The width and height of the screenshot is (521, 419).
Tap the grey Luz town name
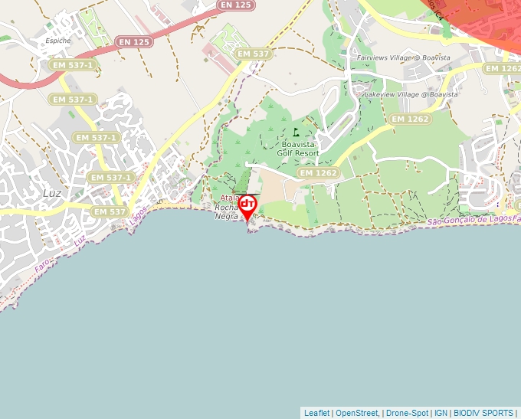[x=52, y=193]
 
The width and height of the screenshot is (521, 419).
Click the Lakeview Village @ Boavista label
[x=411, y=94]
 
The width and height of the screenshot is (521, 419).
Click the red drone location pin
[x=247, y=206]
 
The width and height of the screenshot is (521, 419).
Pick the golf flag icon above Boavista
[x=297, y=132]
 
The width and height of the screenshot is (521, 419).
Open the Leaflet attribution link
[x=316, y=413]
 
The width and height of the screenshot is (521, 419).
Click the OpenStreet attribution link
[x=357, y=413]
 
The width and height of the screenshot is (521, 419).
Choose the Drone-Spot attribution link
[x=407, y=413]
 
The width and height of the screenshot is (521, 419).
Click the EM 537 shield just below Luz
[x=108, y=211]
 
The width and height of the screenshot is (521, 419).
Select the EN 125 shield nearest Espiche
[x=134, y=41]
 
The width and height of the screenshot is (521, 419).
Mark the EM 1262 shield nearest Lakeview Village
[x=410, y=119]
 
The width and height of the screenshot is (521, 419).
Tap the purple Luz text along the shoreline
[x=80, y=241]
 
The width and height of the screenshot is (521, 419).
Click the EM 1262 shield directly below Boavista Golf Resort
[x=318, y=173]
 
